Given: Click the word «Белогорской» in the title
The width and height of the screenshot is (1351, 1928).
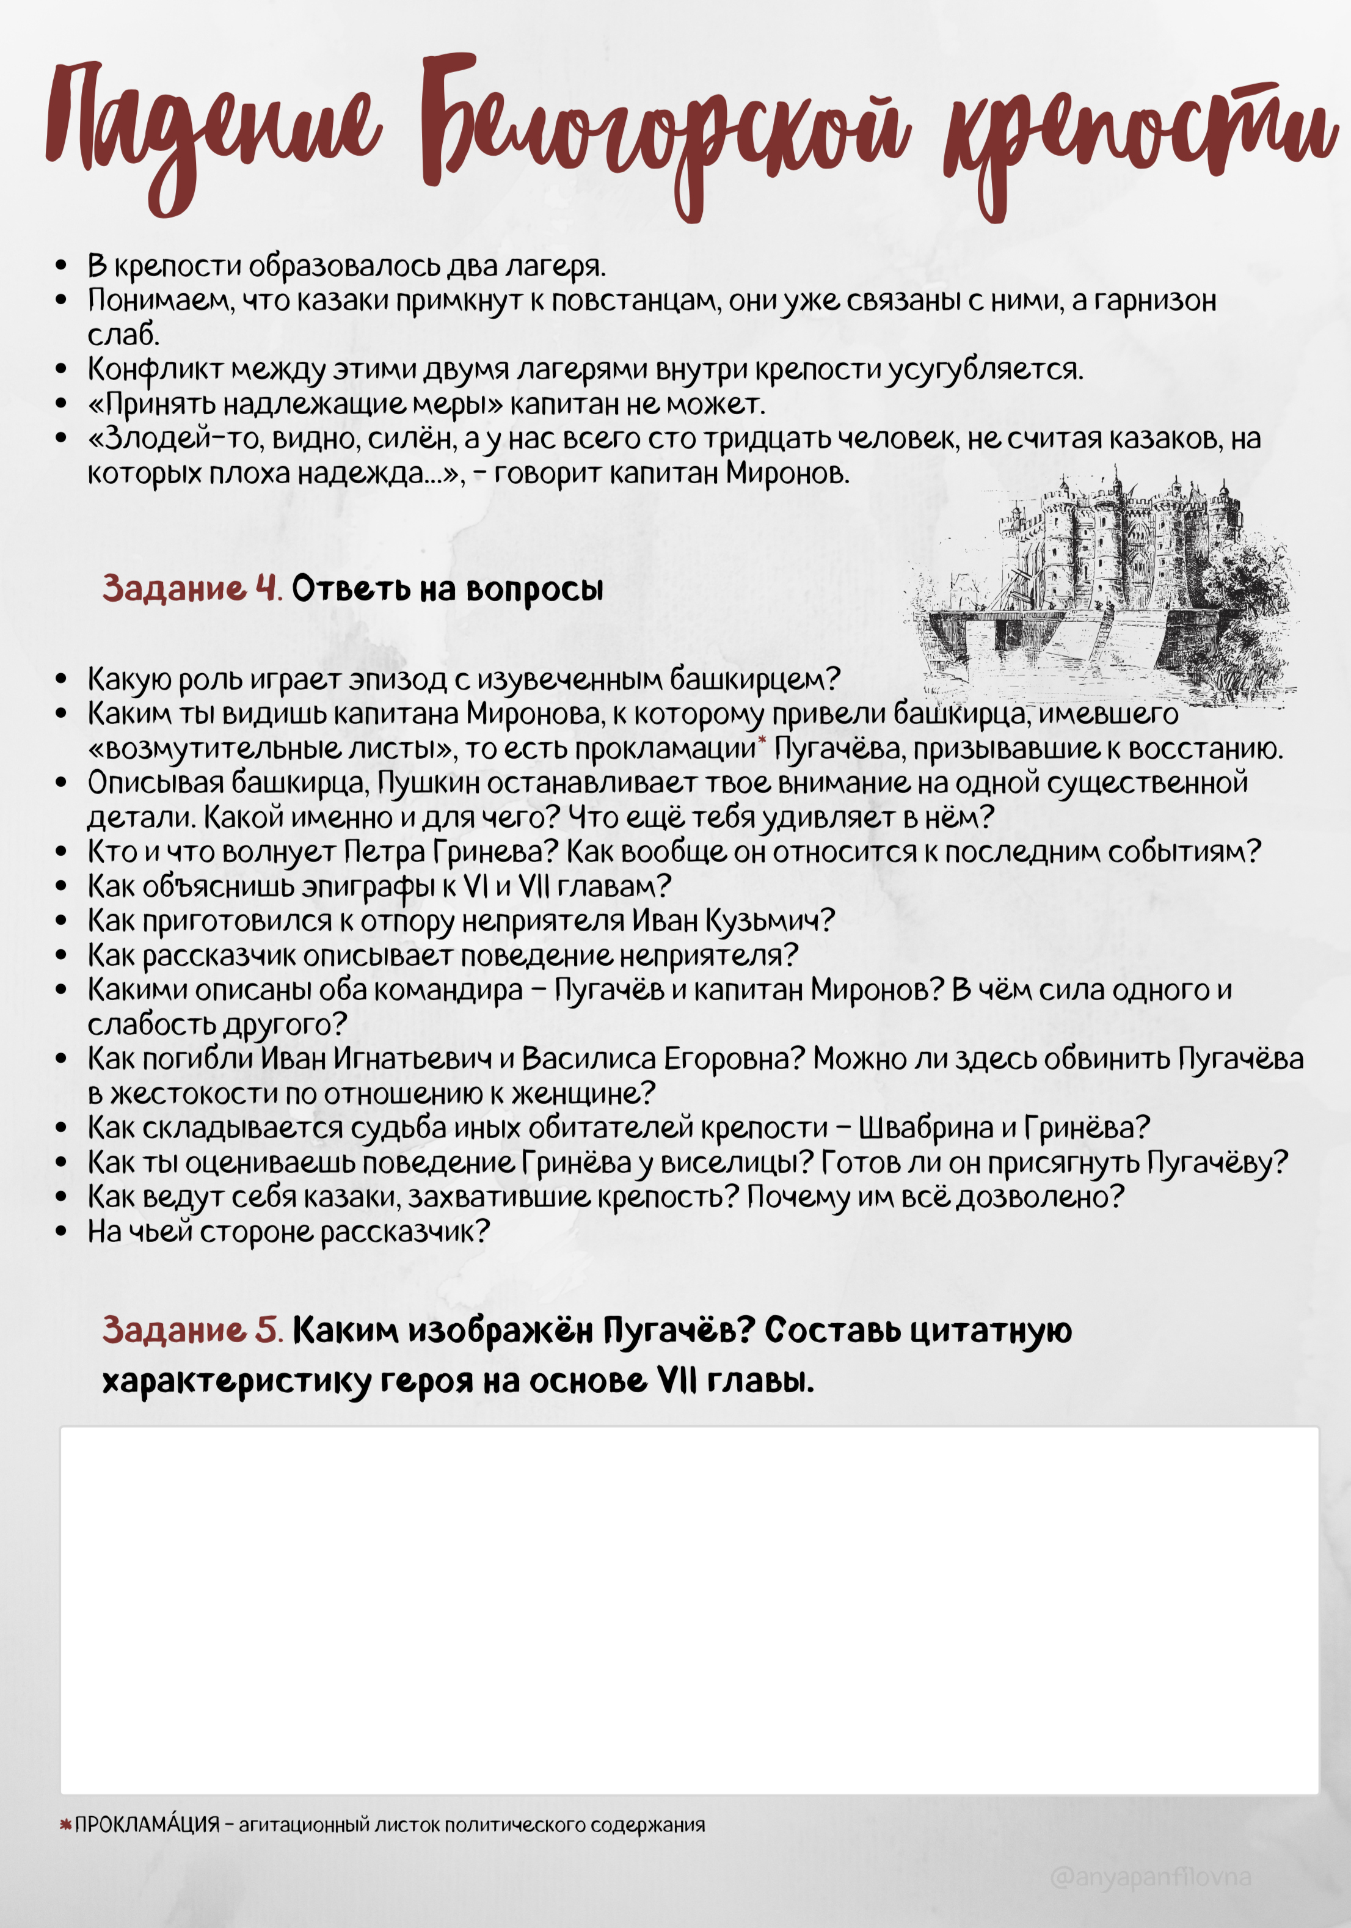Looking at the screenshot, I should [663, 134].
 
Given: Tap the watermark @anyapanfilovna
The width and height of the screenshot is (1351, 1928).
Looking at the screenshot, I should [1150, 1877].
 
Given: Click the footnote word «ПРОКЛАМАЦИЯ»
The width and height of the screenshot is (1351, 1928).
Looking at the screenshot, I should [147, 1825].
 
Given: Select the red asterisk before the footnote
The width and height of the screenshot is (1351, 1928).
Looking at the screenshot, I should [65, 1825].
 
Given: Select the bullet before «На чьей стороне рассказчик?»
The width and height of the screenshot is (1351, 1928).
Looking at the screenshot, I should [60, 1232].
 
